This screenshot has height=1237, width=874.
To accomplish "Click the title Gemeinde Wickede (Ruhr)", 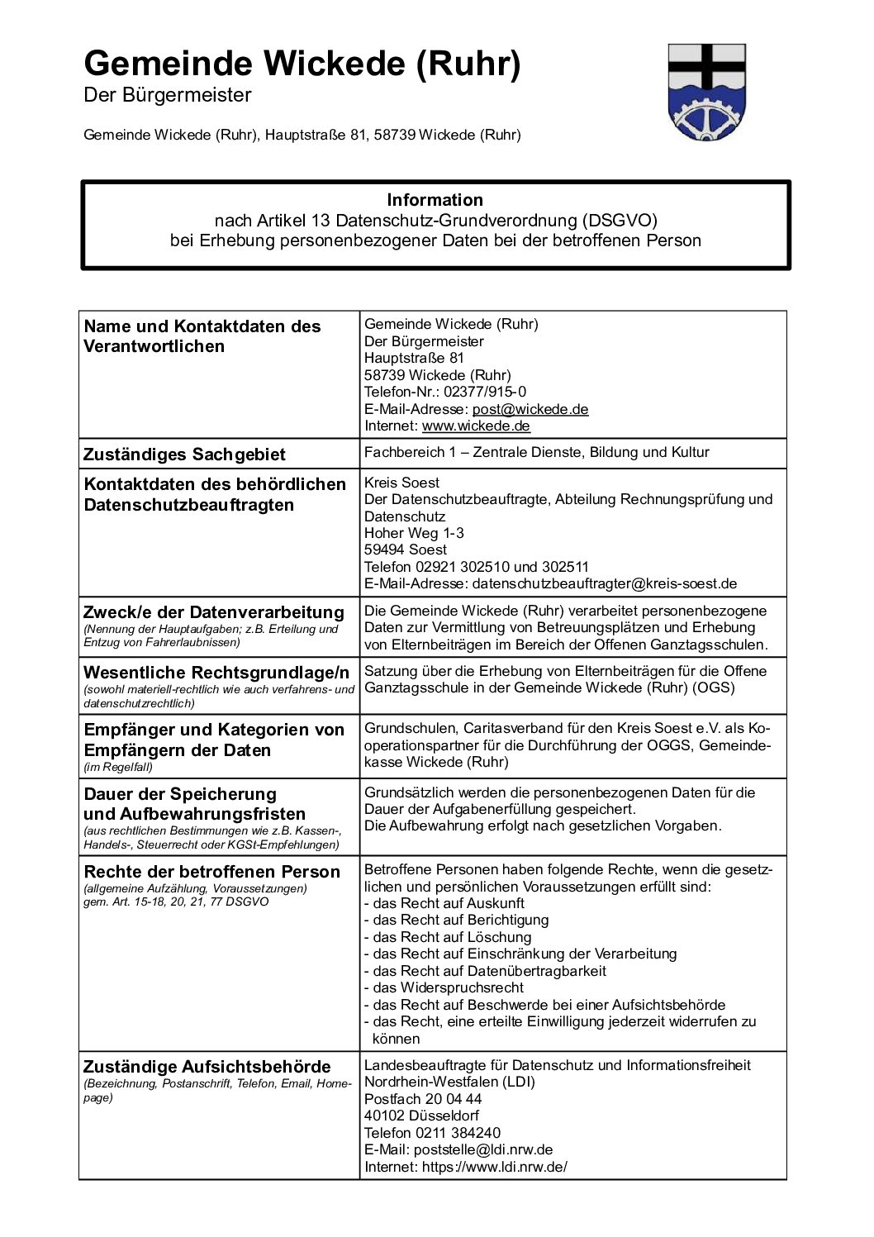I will [x=302, y=64].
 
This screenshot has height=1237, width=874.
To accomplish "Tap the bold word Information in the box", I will [x=435, y=200].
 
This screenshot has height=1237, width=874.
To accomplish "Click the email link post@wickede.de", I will [x=530, y=409].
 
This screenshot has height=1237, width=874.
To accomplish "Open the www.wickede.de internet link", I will [x=476, y=426].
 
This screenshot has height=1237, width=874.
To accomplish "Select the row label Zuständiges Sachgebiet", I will [x=185, y=454].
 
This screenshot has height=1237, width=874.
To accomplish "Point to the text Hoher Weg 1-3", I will [x=414, y=533].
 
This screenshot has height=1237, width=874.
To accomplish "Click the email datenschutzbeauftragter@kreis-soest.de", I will [x=604, y=583].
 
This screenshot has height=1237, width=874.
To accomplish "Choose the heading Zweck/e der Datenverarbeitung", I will [x=214, y=612].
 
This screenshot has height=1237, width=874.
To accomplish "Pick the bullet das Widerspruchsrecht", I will [x=444, y=987].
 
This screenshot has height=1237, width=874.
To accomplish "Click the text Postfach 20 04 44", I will [x=423, y=1099].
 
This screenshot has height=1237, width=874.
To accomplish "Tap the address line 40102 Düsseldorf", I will [x=421, y=1116].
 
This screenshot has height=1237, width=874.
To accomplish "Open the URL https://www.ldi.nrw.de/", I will [x=494, y=1167].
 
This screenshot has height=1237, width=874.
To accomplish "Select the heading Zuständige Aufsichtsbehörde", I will [x=207, y=1067].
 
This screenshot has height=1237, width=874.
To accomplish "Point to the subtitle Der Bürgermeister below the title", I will [x=168, y=96].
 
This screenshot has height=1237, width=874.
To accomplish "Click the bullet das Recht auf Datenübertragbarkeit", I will [x=485, y=971].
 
